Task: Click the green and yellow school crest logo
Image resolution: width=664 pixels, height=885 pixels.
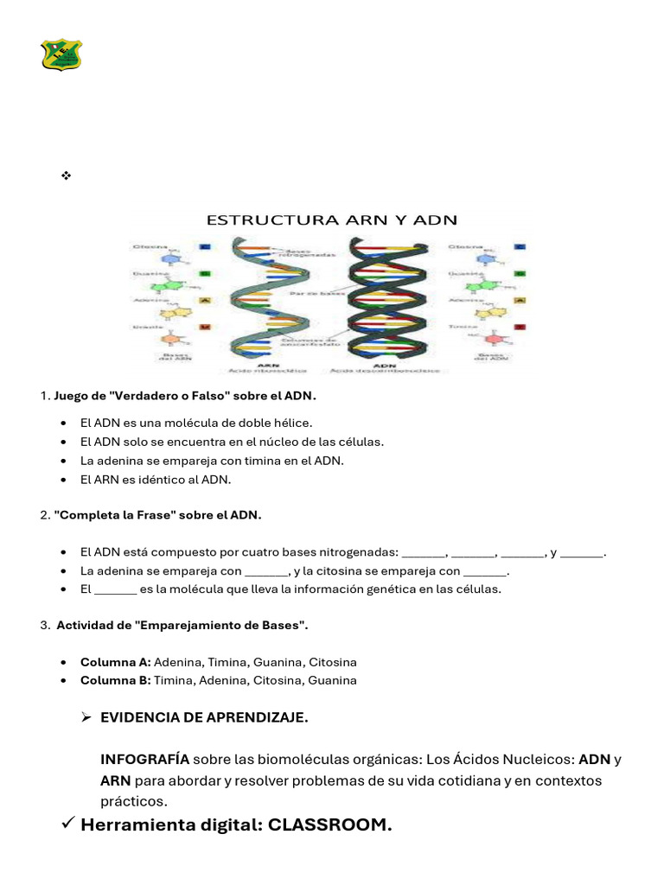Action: point(61,54)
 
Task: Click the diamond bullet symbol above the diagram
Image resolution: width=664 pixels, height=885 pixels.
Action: point(66,175)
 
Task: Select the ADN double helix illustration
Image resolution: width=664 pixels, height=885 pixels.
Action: point(386,299)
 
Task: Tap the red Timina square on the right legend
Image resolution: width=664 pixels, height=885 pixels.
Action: point(520,328)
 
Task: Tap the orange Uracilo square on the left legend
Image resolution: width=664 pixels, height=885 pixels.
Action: point(205,328)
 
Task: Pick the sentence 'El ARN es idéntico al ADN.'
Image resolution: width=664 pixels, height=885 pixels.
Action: point(156,480)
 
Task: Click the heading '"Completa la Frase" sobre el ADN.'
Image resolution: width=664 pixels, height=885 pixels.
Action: point(157,515)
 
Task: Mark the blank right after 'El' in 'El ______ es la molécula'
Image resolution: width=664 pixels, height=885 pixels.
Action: point(115,590)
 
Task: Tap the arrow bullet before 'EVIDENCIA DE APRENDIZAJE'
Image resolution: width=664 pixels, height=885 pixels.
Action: point(86,717)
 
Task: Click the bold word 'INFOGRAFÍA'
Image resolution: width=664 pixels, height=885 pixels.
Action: point(144,760)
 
